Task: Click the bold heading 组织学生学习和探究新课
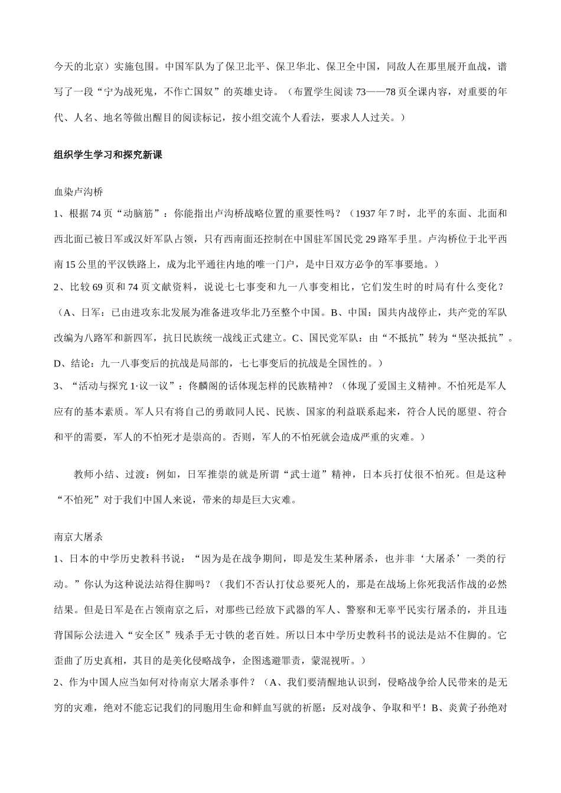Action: (108, 155)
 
